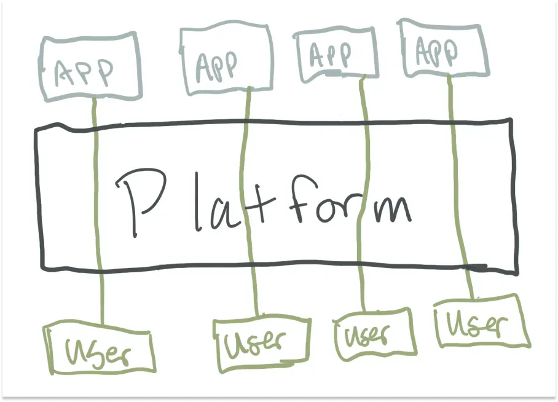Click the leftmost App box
point(90,68)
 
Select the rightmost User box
point(480,323)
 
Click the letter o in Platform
point(332,209)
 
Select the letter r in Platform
point(363,209)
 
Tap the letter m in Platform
point(393,209)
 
